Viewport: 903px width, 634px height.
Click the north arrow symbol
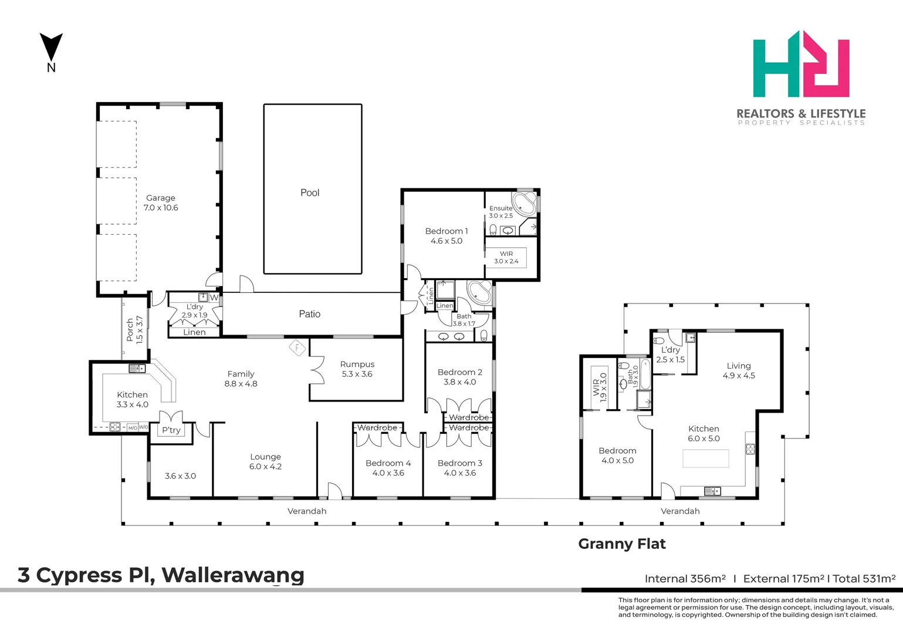[51, 47]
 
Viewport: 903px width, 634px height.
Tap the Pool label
[310, 193]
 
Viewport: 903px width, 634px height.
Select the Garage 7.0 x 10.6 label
[160, 203]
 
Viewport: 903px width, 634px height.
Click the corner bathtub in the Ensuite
[523, 203]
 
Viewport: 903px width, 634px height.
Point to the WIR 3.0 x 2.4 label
[506, 257]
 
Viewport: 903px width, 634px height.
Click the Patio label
[310, 314]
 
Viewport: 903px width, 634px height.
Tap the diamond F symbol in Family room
[297, 348]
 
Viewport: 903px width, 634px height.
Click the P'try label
[171, 430]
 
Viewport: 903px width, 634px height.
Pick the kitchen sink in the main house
[137, 368]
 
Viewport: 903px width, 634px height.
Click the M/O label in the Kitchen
[133, 427]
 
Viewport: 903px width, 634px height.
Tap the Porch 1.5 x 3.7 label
[134, 330]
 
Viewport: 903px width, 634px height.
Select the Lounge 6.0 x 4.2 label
[265, 461]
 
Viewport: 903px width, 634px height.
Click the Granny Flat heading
[621, 544]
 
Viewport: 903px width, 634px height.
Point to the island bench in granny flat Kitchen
[705, 458]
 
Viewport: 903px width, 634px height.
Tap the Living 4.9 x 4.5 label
[739, 370]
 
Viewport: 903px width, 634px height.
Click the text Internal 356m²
[685, 579]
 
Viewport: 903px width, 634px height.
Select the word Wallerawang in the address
[233, 575]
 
